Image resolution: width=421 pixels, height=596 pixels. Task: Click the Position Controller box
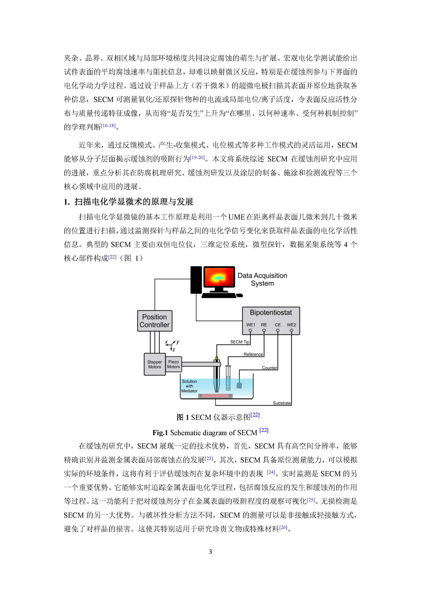tap(155, 321)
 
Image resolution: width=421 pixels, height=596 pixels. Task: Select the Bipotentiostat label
tap(271, 313)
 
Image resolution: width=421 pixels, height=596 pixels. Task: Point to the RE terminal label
tap(264, 325)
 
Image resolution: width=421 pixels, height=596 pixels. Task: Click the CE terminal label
tap(278, 325)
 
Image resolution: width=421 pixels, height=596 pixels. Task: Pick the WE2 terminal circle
tap(291, 330)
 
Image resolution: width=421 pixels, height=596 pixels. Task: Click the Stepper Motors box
tap(155, 364)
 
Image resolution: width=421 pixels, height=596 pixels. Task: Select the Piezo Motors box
tap(173, 364)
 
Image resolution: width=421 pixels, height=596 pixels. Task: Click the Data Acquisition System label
tap(262, 279)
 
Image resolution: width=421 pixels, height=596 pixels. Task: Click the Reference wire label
tap(253, 354)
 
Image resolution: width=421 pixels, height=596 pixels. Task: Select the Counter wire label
tap(269, 368)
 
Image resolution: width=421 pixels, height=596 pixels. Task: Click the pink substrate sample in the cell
tap(215, 396)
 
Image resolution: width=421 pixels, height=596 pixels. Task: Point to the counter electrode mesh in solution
tap(239, 386)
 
